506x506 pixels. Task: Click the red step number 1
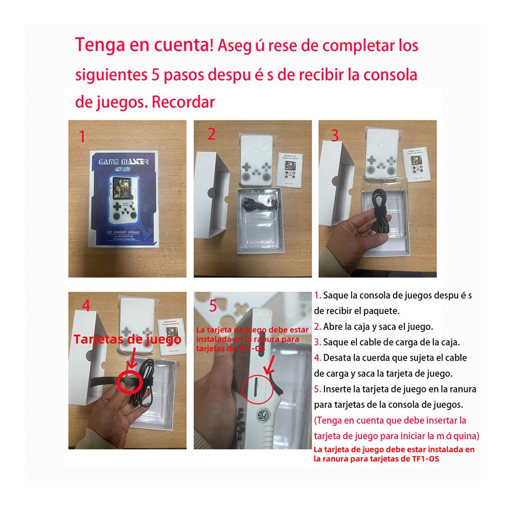click(82, 137)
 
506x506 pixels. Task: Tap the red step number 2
click(212, 134)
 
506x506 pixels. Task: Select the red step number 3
click(335, 135)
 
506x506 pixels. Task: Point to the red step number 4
click(86, 305)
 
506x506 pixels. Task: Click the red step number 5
click(213, 306)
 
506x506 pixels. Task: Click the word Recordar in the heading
click(183, 102)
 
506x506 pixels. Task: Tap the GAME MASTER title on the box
click(124, 161)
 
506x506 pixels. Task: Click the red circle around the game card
click(129, 381)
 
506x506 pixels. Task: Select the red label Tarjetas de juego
click(127, 339)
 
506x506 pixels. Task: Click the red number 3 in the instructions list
click(318, 342)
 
